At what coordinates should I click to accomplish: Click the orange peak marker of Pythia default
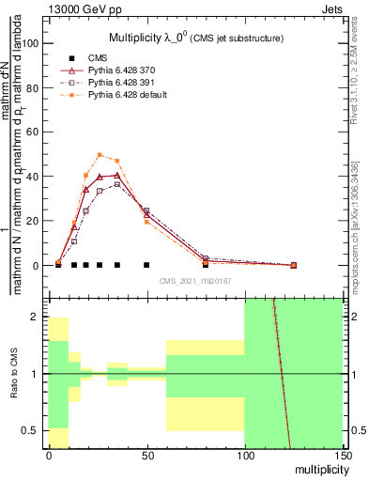pos(100,155)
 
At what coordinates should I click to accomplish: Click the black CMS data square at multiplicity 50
pos(146,265)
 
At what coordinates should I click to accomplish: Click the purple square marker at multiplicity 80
pos(206,258)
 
